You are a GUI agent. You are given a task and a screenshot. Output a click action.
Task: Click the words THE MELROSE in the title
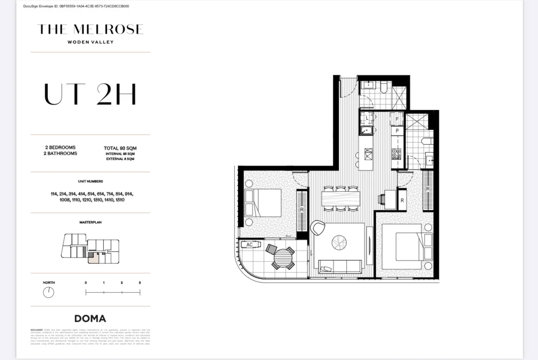pyautogui.click(x=90, y=29)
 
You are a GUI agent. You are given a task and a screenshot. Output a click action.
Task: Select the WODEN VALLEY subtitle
pyautogui.click(x=90, y=42)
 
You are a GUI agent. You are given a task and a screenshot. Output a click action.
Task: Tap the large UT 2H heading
pyautogui.click(x=90, y=95)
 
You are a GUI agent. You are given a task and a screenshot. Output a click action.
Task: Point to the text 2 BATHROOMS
pyautogui.click(x=61, y=154)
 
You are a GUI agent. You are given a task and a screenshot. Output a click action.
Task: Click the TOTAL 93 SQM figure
pyautogui.click(x=120, y=148)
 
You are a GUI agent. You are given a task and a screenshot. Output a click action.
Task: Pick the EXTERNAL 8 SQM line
pyautogui.click(x=120, y=159)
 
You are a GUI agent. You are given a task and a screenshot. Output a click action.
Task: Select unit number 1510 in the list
pyautogui.click(x=120, y=200)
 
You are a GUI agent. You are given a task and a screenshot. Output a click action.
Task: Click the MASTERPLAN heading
pyautogui.click(x=90, y=222)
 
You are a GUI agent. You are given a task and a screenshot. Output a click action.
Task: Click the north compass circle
pyautogui.click(x=48, y=292)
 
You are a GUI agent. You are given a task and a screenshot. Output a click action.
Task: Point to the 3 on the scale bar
pyautogui.click(x=140, y=283)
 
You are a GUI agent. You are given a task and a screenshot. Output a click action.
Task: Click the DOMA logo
pyautogui.click(x=90, y=319)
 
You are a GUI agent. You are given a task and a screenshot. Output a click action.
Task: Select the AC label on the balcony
pyautogui.click(x=249, y=245)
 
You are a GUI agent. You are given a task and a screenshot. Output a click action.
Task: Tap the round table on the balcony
pyautogui.click(x=283, y=258)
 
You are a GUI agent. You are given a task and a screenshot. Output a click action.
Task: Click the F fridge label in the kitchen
pyautogui.click(x=397, y=119)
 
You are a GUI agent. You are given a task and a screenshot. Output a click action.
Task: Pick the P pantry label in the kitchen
pyautogui.click(x=397, y=131)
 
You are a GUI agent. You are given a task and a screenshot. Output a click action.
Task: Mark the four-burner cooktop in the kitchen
pyautogui.click(x=396, y=154)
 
